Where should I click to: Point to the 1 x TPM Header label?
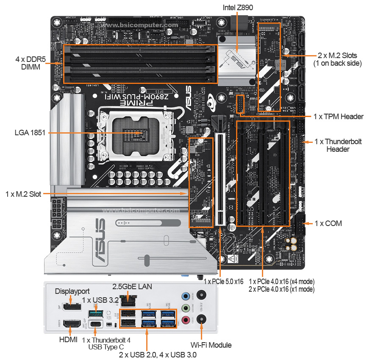(x=338, y=117)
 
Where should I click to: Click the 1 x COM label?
(x=328, y=223)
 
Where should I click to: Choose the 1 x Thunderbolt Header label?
(x=338, y=145)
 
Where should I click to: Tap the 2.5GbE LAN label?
(x=132, y=286)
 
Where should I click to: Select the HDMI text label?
(x=68, y=339)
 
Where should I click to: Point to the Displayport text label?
(x=72, y=291)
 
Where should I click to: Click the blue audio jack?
(x=185, y=296)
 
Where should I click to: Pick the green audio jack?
(x=185, y=308)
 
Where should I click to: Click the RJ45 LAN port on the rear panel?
(x=127, y=301)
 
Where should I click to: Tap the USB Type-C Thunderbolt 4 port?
(x=96, y=324)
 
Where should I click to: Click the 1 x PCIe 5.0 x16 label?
(x=224, y=281)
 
